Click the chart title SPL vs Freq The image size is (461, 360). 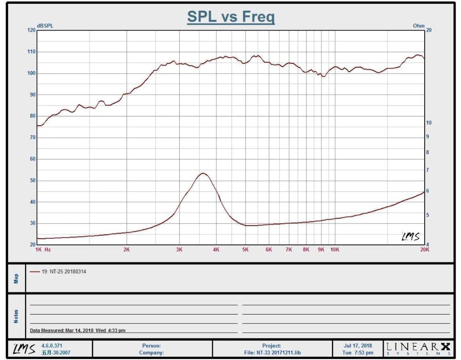(230, 17)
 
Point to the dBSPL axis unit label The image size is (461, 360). (45, 26)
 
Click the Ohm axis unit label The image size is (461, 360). (419, 26)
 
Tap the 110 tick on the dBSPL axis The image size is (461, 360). (31, 52)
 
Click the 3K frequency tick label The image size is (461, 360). (179, 250)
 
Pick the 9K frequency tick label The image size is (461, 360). (321, 250)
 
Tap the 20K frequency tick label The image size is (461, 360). (425, 250)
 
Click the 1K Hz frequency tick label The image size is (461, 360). (43, 250)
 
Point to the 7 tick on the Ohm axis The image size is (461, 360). (428, 170)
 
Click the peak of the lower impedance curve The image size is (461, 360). (203, 173)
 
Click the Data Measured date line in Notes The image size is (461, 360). (78, 331)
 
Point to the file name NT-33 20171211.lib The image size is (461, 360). (272, 353)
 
